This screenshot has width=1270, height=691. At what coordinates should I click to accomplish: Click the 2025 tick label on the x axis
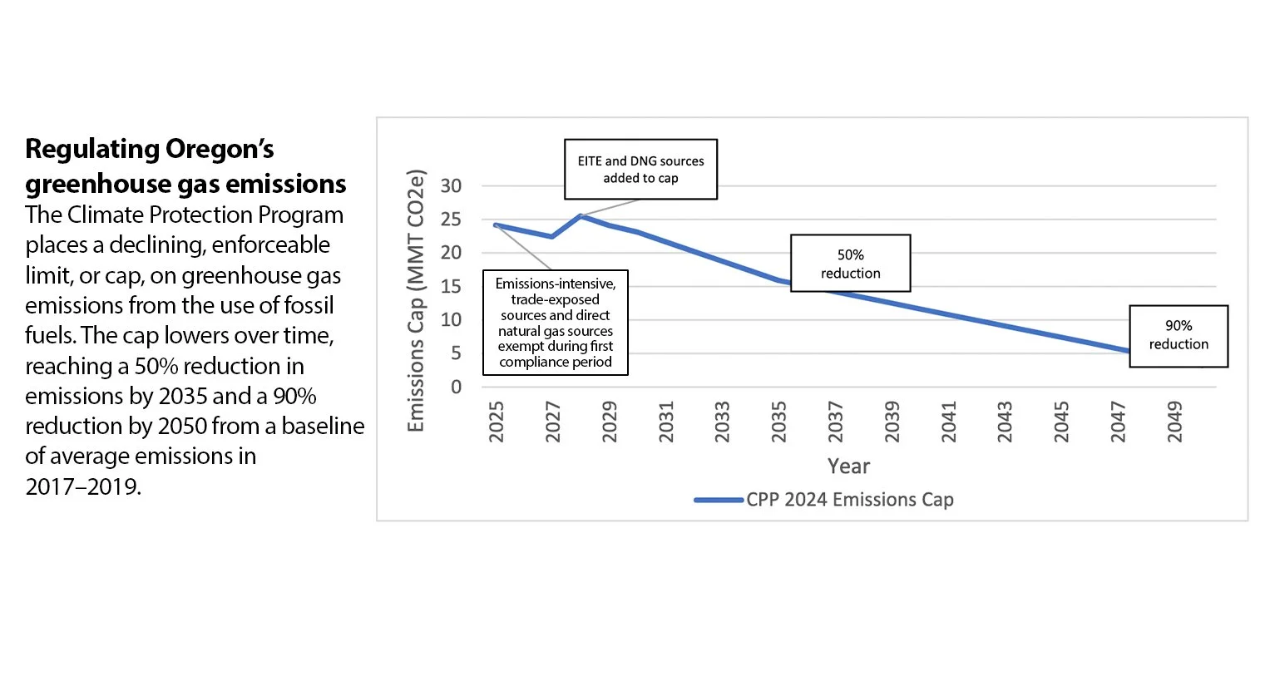coord(497,422)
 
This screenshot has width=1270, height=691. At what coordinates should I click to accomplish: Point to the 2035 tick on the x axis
coord(779,422)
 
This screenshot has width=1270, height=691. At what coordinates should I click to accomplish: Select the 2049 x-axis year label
coord(1174,422)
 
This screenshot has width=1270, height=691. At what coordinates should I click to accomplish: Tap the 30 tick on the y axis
coord(451,186)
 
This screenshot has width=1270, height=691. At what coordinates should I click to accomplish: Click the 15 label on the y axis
coord(451,287)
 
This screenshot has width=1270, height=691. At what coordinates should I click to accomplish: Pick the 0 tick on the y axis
coord(456,387)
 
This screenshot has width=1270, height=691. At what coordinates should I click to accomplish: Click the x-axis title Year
coord(848,466)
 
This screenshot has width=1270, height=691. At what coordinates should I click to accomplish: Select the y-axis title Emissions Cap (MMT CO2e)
coord(416,301)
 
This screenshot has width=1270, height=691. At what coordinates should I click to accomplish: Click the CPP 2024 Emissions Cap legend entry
coord(848,500)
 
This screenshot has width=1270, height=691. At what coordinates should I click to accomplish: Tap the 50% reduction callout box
coord(850,264)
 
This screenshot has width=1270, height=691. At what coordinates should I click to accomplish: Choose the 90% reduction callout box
coord(1179,335)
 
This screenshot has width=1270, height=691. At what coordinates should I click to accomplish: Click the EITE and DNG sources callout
coord(640,170)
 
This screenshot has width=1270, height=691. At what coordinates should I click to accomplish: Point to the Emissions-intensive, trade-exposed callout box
coord(556,323)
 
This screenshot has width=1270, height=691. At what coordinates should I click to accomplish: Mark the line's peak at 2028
coord(581,216)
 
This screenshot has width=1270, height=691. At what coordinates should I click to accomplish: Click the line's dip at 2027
coord(552,237)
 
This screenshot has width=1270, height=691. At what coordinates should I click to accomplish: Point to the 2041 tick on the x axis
coord(949,422)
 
